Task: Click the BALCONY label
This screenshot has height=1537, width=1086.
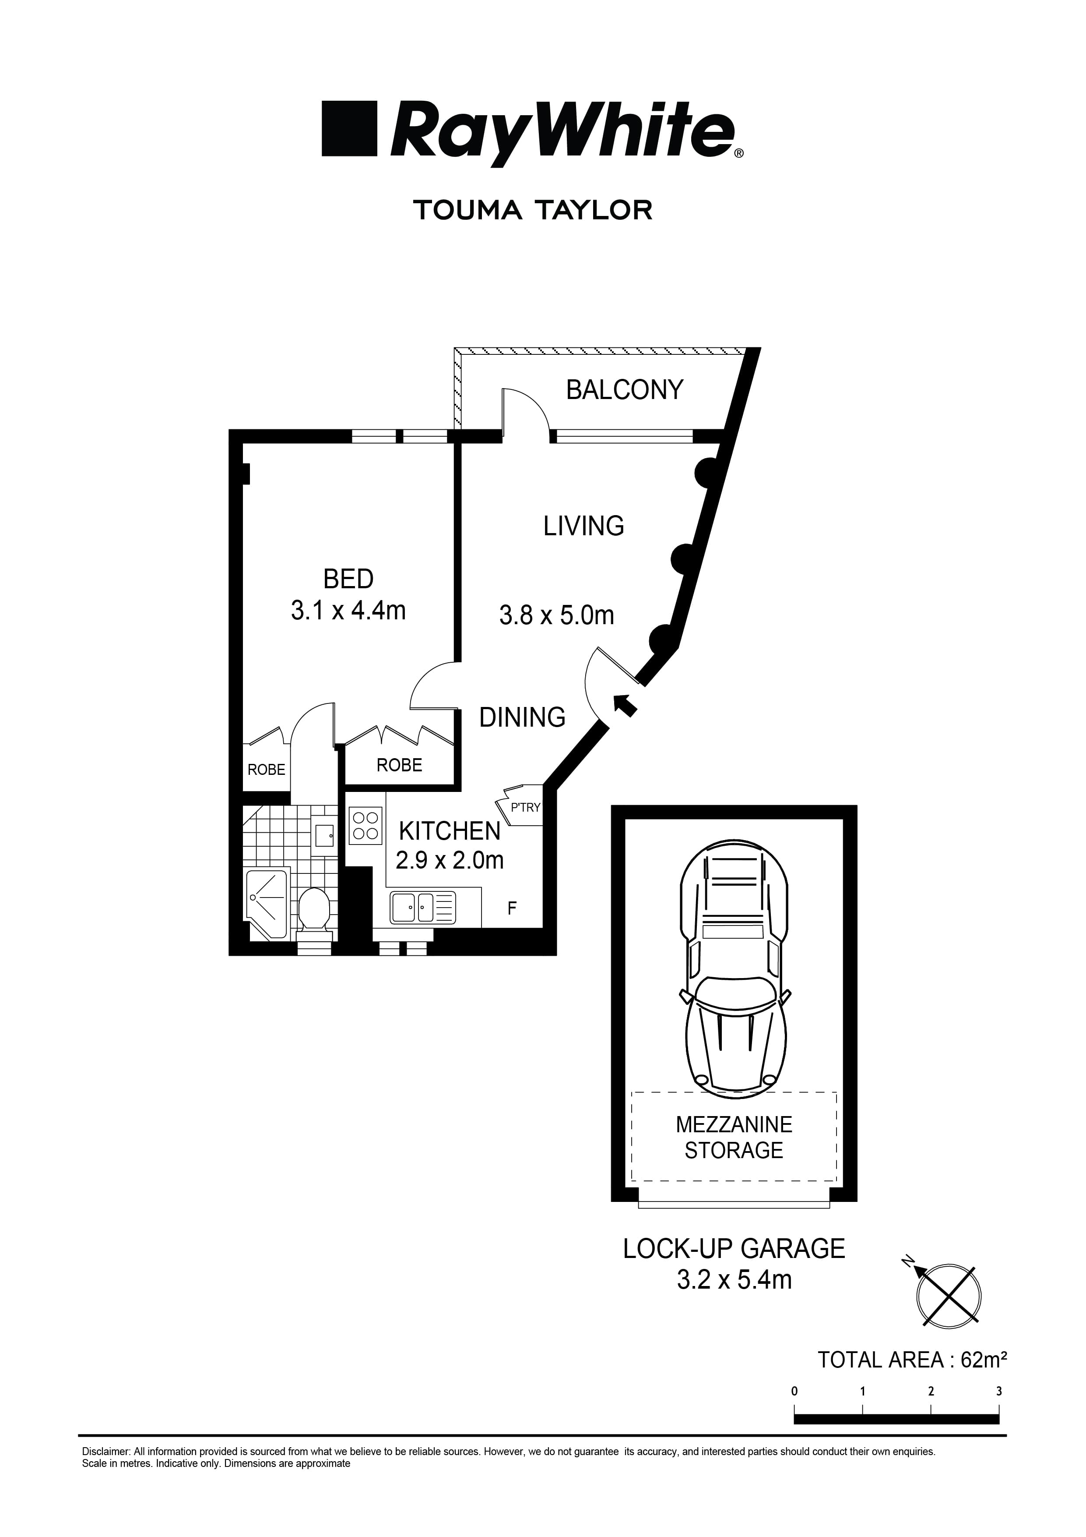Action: click(624, 389)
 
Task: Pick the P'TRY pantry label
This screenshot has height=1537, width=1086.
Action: click(524, 807)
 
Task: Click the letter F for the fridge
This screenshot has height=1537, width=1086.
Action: click(512, 908)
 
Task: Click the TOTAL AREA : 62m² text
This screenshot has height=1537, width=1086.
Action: click(913, 1361)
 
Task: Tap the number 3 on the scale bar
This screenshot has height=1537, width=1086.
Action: click(998, 1391)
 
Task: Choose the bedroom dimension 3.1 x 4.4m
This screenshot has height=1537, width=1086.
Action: click(348, 611)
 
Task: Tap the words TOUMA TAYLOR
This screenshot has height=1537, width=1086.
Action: click(533, 210)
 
